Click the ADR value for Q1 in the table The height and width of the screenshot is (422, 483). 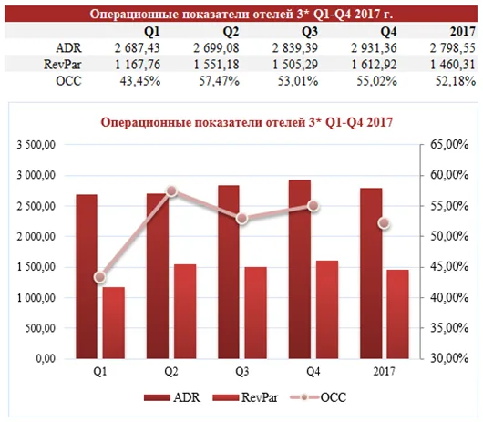138,48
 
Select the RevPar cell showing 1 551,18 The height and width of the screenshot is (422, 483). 216,65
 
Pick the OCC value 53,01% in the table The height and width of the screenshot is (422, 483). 298,81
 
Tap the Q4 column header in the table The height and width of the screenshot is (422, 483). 388,32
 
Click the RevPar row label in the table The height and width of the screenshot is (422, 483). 63,65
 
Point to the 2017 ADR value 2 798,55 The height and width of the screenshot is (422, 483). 453,48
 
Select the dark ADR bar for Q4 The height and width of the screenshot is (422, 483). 300,269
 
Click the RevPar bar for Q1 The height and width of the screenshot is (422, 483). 114,323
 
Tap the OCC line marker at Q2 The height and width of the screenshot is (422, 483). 171,191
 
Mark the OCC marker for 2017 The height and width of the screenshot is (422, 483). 384,223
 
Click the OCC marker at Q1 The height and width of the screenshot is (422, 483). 100,277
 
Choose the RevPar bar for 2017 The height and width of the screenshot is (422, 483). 397,314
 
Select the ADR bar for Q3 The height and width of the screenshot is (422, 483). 229,272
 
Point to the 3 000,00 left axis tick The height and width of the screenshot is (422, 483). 36,175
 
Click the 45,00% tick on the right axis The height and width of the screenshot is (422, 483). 448,267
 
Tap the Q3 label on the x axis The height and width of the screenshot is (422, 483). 242,372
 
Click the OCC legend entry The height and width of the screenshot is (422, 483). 319,397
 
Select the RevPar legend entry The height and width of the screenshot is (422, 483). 245,397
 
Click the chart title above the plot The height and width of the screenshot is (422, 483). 247,122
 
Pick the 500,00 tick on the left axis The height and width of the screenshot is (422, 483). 40,328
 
